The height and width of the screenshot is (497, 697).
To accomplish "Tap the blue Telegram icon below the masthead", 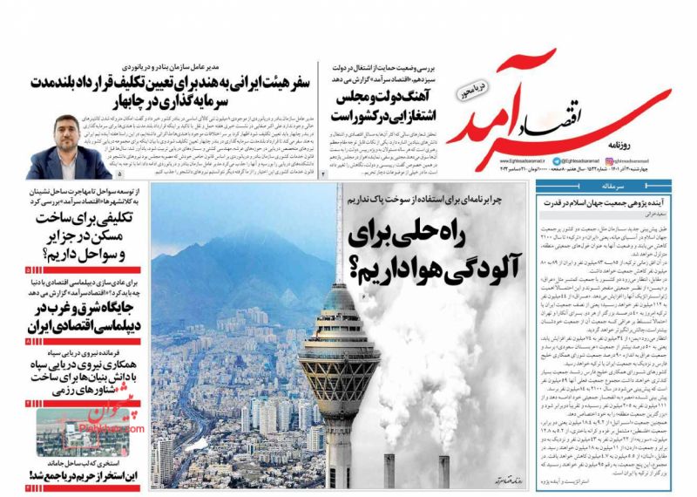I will click(x=609, y=160).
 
